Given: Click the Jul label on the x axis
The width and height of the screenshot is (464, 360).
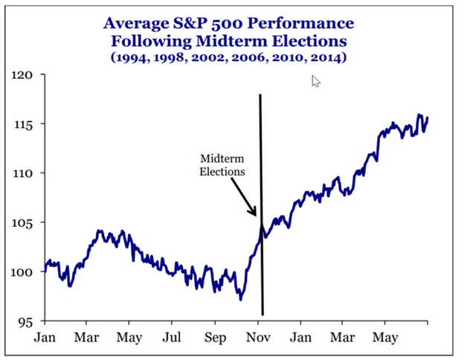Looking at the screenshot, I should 172,337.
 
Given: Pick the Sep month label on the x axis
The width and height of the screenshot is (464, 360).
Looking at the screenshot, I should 215,337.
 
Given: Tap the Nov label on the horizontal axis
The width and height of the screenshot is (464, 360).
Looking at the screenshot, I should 257,337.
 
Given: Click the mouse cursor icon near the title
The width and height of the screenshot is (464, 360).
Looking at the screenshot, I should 315,80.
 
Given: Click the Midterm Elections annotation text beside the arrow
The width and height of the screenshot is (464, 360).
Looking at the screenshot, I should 222,164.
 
